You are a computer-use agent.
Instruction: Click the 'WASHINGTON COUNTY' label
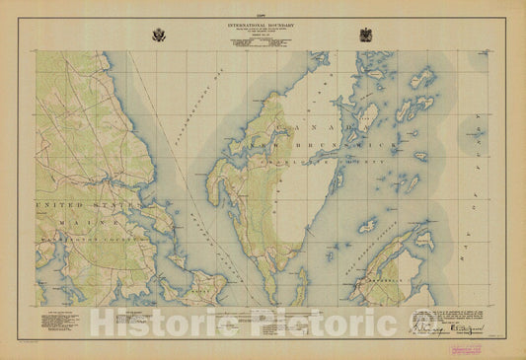[84, 240]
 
